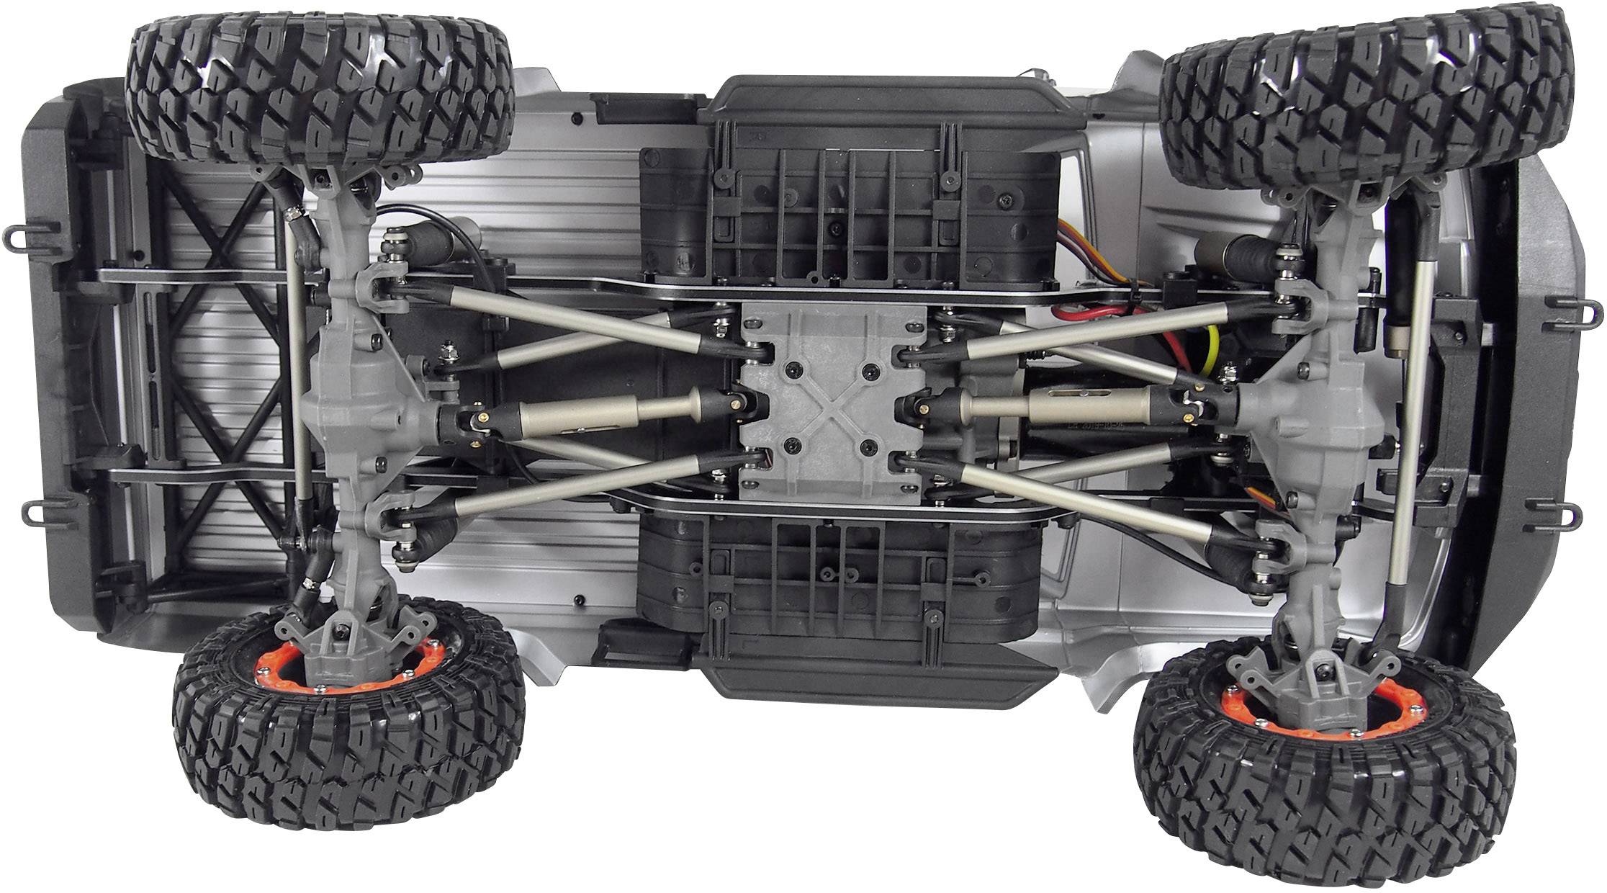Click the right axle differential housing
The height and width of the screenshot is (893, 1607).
[1289, 418]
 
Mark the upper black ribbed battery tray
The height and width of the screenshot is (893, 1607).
[850, 216]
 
